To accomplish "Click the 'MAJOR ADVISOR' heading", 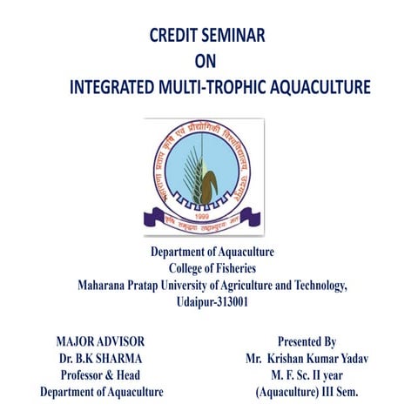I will [x=100, y=341].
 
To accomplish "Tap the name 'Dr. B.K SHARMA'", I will [x=101, y=358].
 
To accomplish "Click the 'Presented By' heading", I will [x=307, y=341].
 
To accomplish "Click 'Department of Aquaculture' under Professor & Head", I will [x=101, y=392].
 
